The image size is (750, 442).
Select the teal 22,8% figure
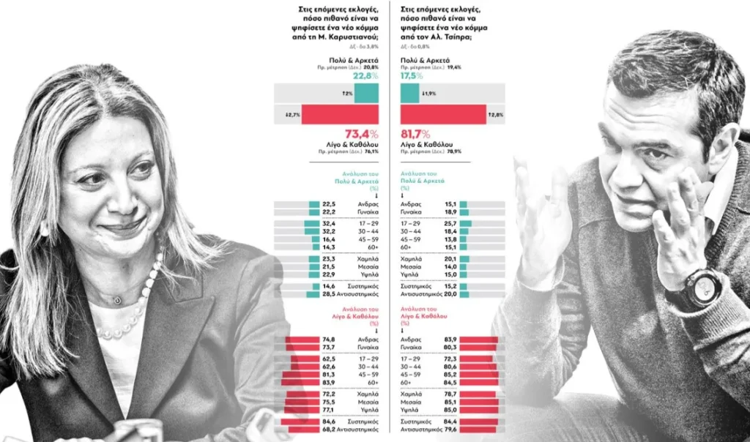click(365, 76)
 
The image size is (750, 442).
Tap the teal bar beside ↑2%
click(367, 93)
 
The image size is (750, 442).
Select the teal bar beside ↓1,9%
click(410, 93)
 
